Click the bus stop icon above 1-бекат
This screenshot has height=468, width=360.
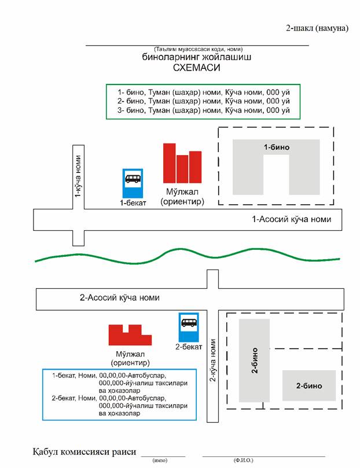(133, 183)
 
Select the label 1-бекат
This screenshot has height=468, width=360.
(133, 203)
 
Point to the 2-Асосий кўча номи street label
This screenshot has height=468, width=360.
(119, 298)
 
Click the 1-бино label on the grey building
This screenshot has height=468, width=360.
(276, 148)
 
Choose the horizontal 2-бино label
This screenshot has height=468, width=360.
(308, 386)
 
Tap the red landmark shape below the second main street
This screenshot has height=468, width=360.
(130, 336)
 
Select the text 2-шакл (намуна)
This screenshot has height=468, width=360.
(317, 28)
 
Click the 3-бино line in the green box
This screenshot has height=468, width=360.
(203, 110)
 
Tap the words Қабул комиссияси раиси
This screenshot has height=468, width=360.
(85, 451)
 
